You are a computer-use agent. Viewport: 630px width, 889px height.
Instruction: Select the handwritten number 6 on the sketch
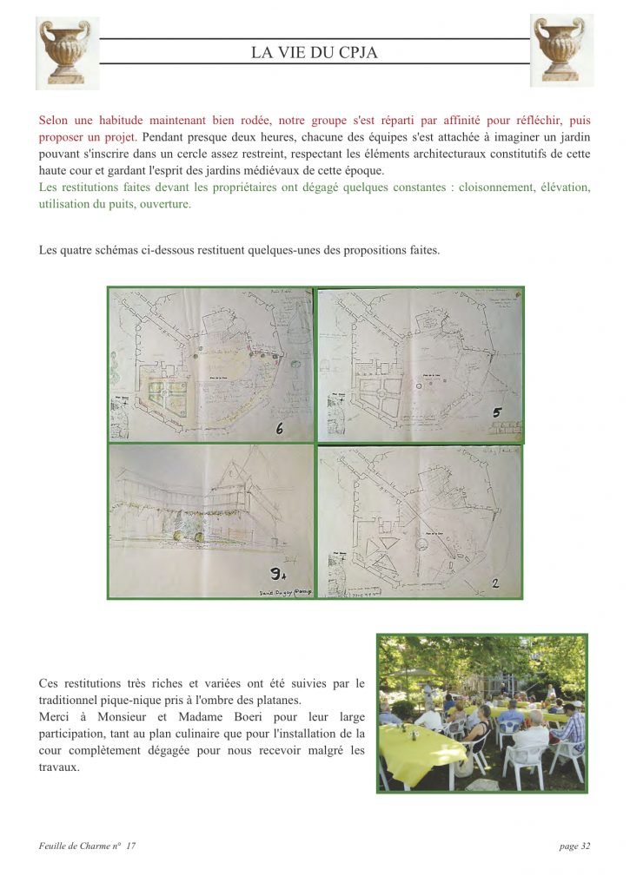(x=280, y=428)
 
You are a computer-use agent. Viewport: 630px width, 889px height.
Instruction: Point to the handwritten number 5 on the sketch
(x=496, y=412)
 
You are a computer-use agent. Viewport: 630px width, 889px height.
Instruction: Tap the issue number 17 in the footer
(x=131, y=846)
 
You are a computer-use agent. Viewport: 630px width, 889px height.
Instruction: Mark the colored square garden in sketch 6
(x=166, y=395)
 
